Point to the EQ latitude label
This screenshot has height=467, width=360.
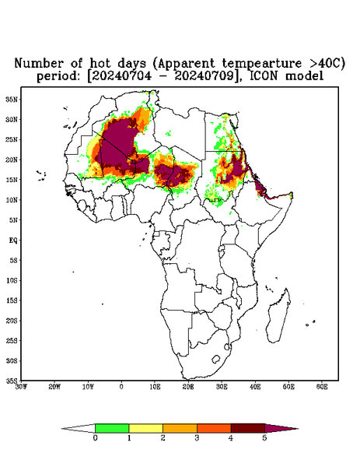pos(13,240)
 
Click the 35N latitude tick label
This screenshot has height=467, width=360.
pos(12,99)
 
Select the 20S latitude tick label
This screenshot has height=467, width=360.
pos(12,321)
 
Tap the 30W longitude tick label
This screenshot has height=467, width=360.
pos(21,387)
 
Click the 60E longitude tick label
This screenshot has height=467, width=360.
pos(322,387)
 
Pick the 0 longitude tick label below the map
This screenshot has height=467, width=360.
pos(121,387)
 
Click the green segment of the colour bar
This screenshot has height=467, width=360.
pos(112,428)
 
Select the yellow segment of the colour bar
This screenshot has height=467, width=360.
pos(145,428)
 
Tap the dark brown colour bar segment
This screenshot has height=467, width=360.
pos(248,428)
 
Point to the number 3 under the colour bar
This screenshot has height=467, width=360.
pos(197,437)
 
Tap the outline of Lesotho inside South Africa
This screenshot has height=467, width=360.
pos(215,359)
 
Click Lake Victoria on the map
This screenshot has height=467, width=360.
pos(222,248)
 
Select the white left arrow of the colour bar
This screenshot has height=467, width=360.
pos(79,428)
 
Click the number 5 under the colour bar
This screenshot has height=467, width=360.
pos(264,437)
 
